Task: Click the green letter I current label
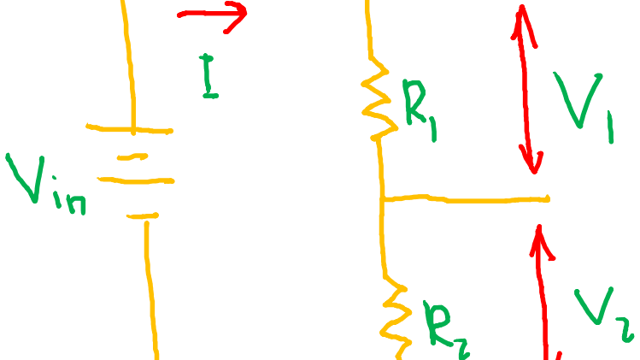pyautogui.click(x=209, y=76)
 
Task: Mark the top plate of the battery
pyautogui.click(x=130, y=129)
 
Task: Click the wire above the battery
pyautogui.click(x=129, y=60)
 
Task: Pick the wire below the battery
pyautogui.click(x=151, y=291)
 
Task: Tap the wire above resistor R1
pyautogui.click(x=370, y=30)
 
